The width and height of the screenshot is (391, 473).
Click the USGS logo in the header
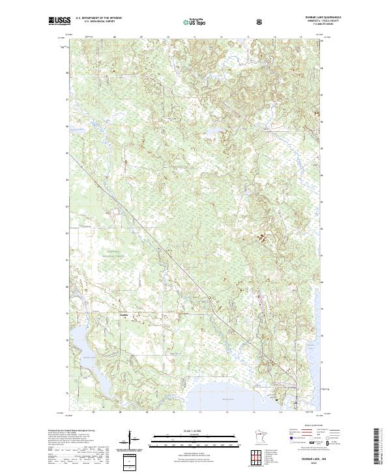pyautogui.click(x=59, y=22)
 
